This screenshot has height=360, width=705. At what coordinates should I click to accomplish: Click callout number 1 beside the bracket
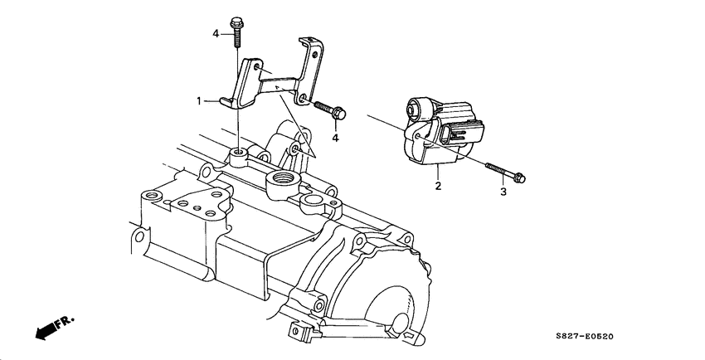[200, 100]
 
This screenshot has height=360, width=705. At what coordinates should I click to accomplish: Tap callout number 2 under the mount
[437, 186]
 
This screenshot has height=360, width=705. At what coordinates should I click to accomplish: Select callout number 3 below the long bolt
[501, 192]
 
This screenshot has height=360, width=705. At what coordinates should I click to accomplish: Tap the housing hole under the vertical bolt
[238, 152]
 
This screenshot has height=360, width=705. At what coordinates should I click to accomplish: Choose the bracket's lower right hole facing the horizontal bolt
[305, 102]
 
